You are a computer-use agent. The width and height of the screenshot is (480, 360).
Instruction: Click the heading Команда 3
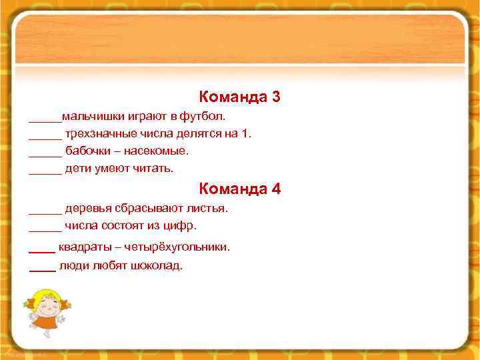point(239,97)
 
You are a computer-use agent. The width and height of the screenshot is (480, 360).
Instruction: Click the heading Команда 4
point(239,189)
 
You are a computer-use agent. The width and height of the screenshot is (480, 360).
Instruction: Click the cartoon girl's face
point(45,304)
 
